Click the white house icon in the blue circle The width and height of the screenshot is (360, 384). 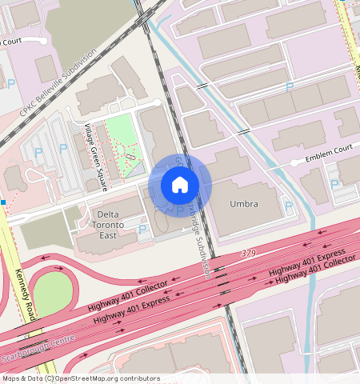pyautogui.click(x=180, y=186)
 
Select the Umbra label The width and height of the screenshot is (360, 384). pyautogui.click(x=244, y=204)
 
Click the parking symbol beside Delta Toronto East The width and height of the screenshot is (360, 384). pyautogui.click(x=143, y=230)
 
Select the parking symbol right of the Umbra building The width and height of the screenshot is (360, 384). pyautogui.click(x=289, y=206)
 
